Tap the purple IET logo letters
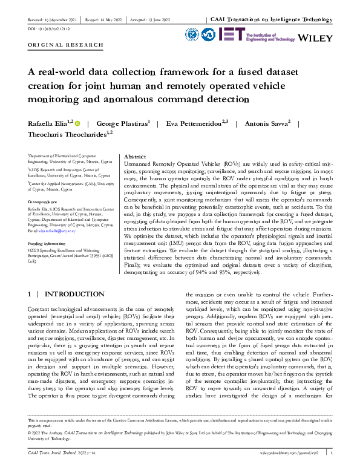tap(231, 34)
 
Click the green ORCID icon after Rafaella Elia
tap(77, 123)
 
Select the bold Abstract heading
tap(136, 156)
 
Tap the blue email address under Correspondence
tap(60, 230)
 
